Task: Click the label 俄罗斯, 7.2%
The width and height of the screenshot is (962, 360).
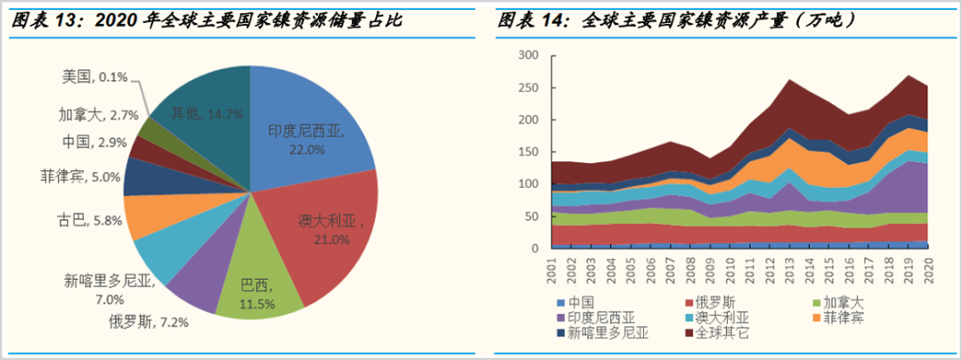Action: [x=150, y=321]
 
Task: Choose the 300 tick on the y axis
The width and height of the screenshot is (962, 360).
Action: [x=529, y=56]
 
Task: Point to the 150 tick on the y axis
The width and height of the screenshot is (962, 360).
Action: [x=529, y=152]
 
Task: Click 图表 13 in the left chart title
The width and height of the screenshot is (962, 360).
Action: [x=40, y=20]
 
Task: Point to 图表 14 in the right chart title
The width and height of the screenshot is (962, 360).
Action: [x=531, y=20]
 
